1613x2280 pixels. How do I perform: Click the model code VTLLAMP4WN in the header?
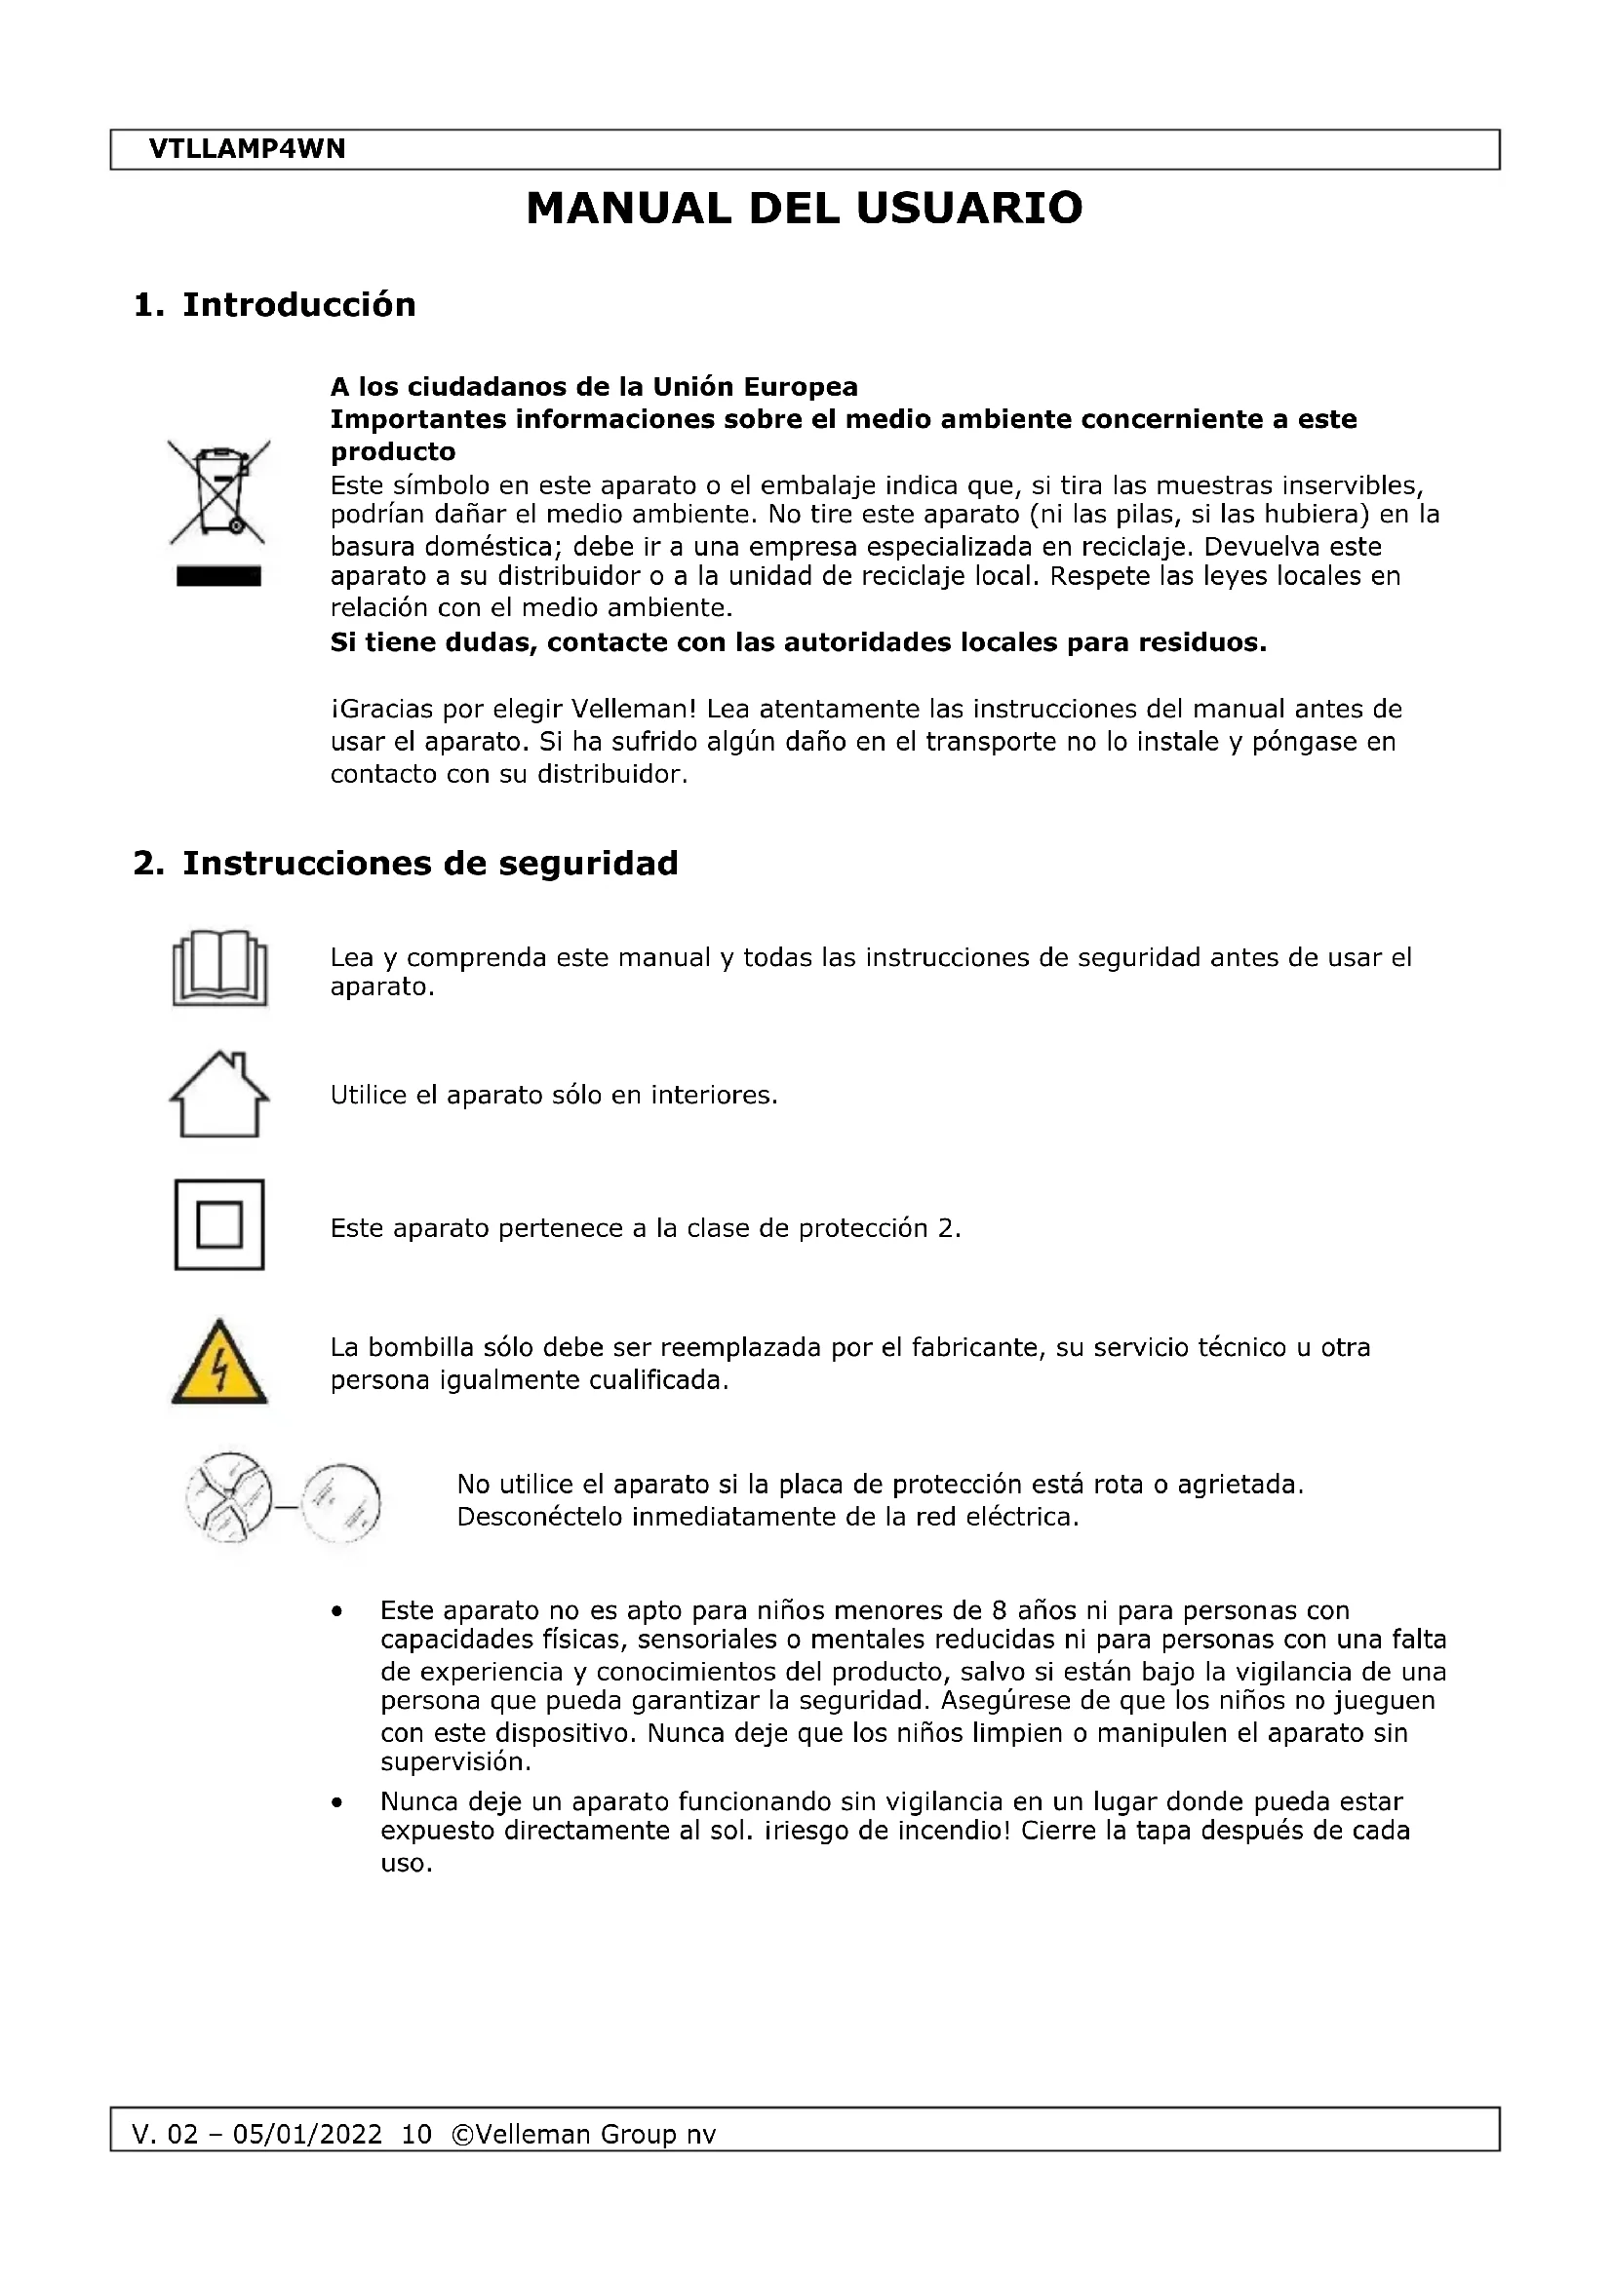point(247,149)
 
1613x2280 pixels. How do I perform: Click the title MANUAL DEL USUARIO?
point(804,209)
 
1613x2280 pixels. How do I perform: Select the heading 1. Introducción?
point(274,304)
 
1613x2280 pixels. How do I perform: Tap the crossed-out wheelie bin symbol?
point(218,492)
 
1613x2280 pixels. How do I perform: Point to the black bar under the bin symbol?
point(218,576)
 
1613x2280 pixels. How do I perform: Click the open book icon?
point(219,968)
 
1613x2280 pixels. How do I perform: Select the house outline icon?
point(219,1095)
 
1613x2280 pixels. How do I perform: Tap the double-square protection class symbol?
point(219,1224)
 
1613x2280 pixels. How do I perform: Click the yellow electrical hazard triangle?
point(219,1363)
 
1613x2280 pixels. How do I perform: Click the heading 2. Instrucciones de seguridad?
point(406,863)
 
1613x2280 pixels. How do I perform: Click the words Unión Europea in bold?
point(754,386)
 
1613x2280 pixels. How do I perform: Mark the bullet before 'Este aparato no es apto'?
point(337,1611)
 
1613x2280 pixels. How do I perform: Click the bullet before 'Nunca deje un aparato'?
point(337,1802)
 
